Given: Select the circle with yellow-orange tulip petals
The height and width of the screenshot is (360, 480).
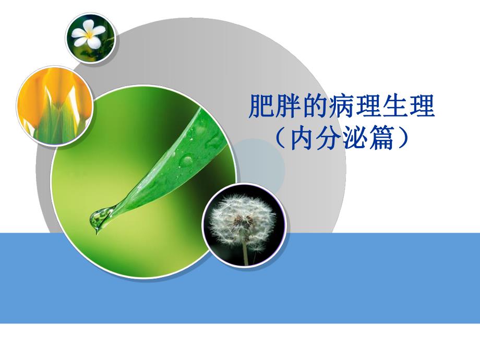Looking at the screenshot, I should click(55, 104).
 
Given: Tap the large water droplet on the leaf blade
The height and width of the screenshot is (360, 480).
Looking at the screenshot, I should click(186, 159).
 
